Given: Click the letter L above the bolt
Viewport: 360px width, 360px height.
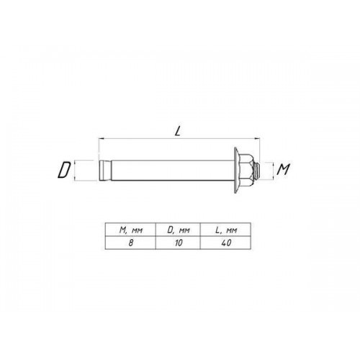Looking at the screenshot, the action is [x=178, y=131].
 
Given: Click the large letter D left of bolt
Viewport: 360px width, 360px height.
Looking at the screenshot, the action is [x=64, y=170].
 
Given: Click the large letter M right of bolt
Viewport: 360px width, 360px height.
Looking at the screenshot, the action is [x=284, y=169].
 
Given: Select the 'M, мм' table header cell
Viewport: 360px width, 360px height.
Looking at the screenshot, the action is [x=130, y=230].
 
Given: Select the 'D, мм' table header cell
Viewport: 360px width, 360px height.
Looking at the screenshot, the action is [x=178, y=230].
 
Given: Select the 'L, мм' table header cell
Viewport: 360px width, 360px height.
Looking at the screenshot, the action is [x=225, y=230].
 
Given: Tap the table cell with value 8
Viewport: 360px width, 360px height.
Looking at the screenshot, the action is [x=130, y=243].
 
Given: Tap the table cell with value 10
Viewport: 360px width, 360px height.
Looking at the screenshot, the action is [x=178, y=243].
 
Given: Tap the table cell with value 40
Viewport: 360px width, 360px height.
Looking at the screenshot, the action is [x=225, y=243].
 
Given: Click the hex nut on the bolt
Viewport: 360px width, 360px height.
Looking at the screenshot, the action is [x=247, y=170].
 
